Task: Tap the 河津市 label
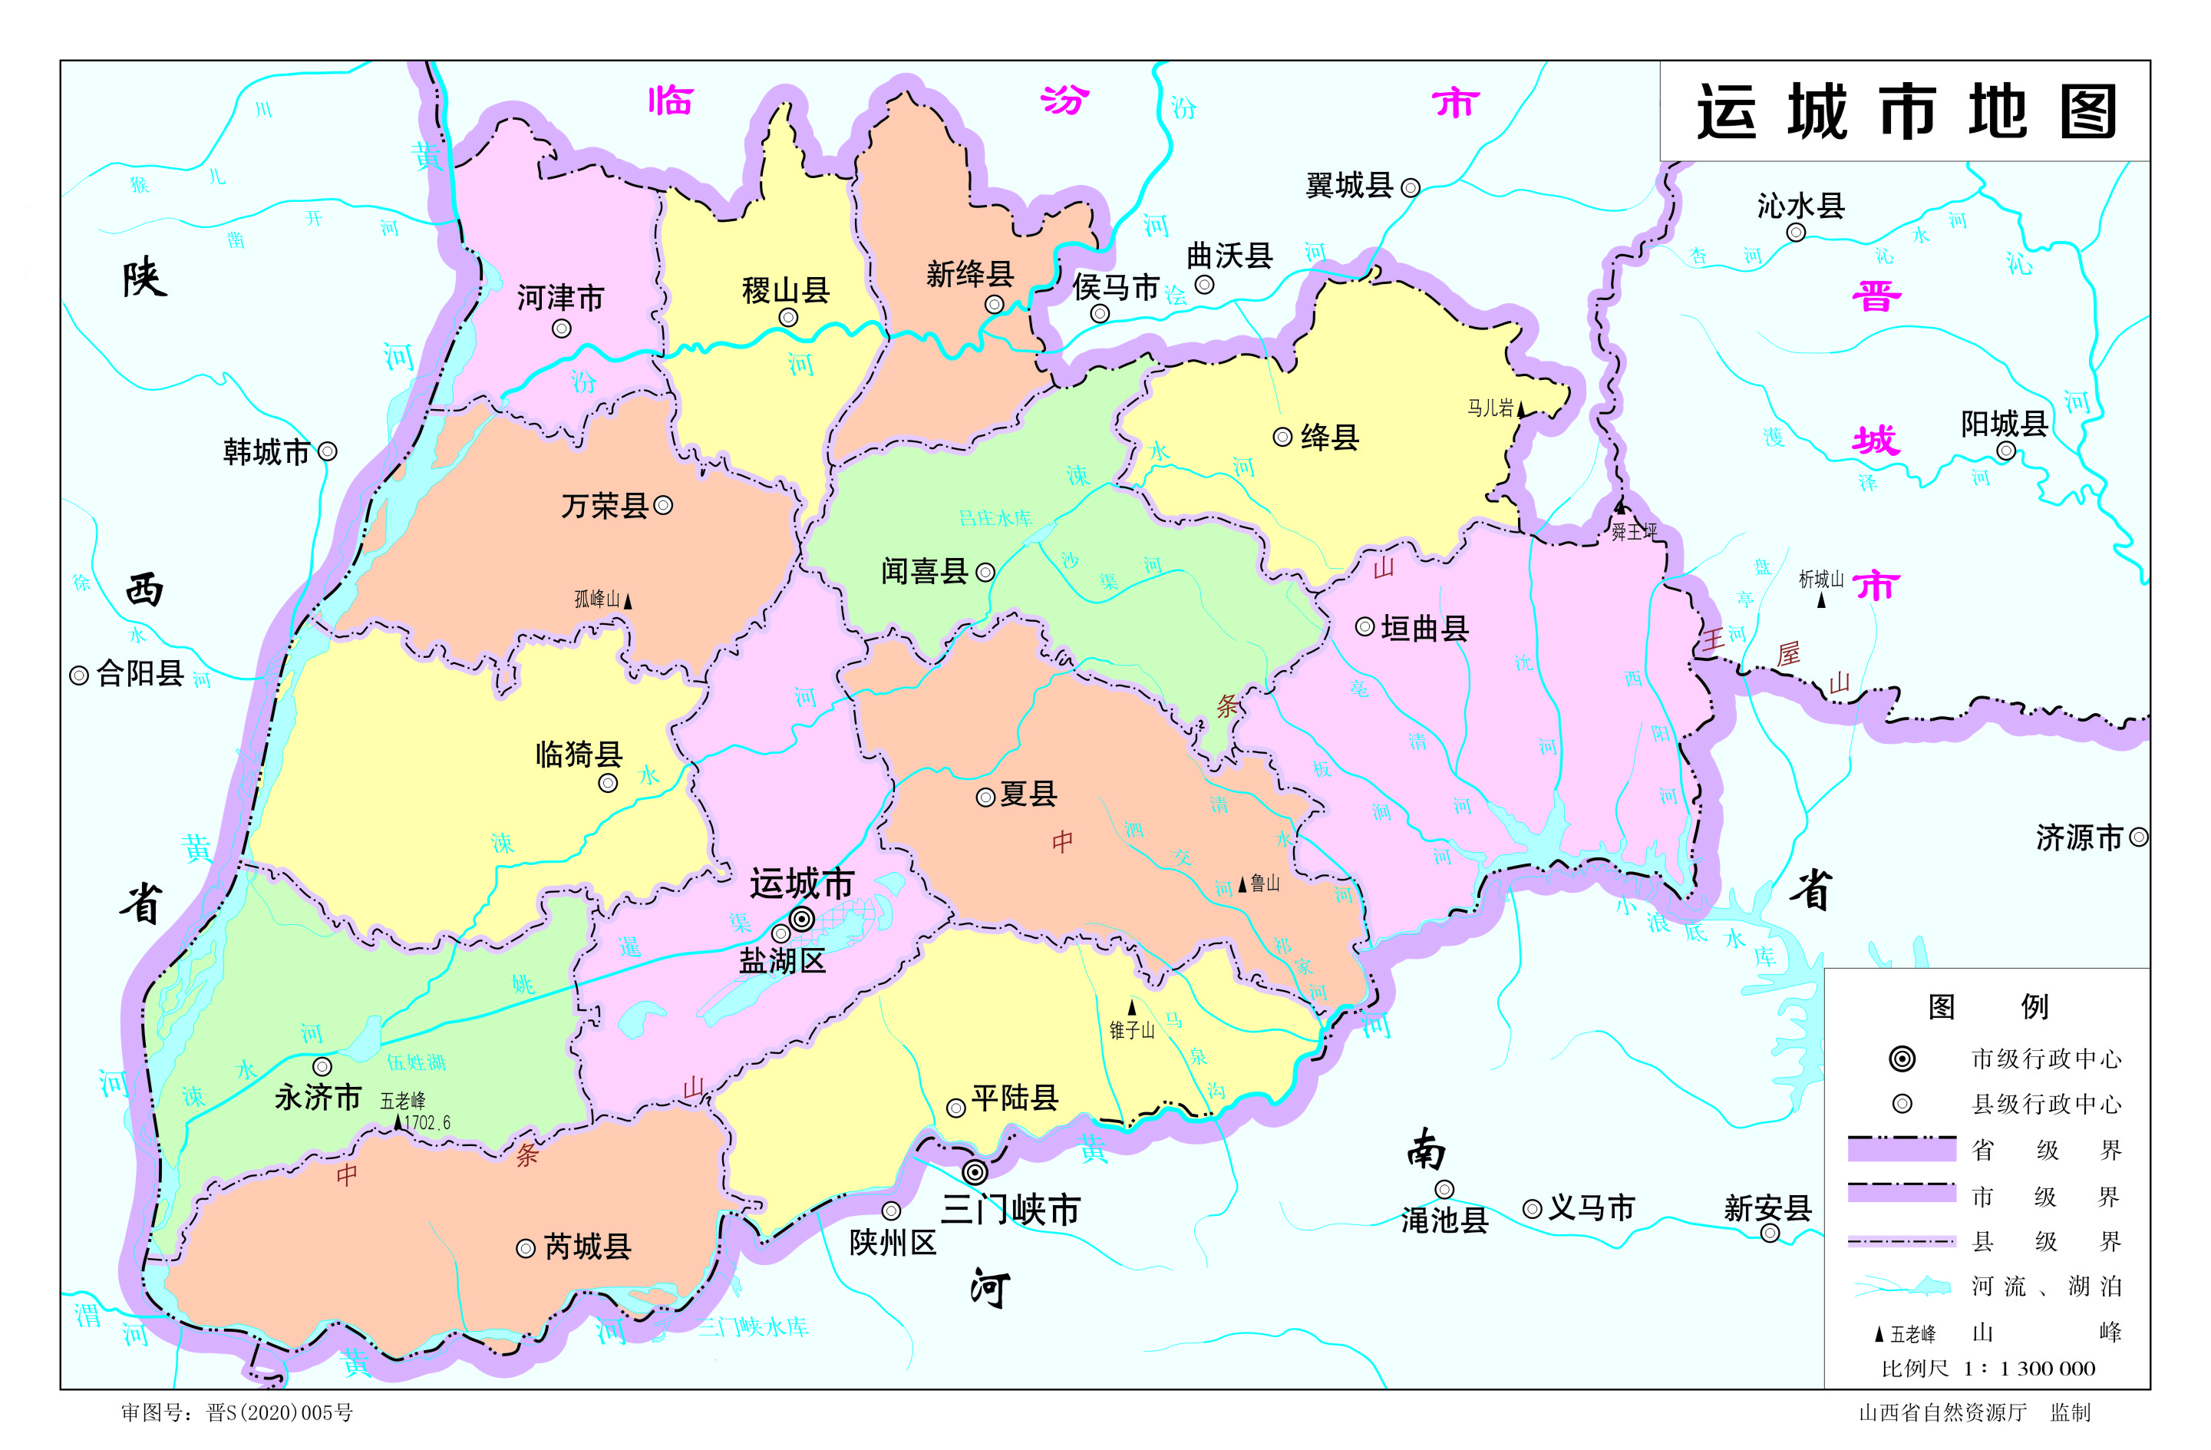point(560,298)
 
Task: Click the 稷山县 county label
point(786,291)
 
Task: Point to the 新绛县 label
point(969,274)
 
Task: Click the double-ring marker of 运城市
point(802,920)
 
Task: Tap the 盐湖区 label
point(781,960)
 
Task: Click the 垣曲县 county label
point(1424,629)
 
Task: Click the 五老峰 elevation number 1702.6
point(427,1123)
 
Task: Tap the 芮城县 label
point(587,1247)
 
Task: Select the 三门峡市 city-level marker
point(975,1171)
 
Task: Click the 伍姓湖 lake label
point(416,1062)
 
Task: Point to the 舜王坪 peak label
point(1633,532)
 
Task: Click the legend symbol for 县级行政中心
point(1902,1104)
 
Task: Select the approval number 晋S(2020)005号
point(279,1413)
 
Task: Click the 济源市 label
point(2079,838)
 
